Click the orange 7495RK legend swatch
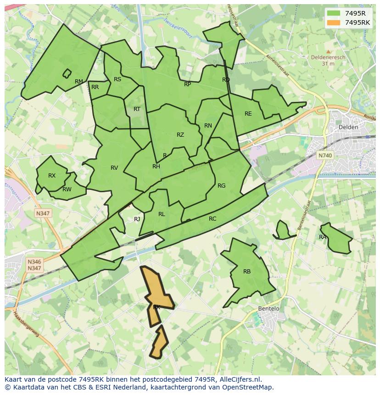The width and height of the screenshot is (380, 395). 334,22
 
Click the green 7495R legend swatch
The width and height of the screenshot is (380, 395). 334,13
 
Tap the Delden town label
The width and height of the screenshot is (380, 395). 348,127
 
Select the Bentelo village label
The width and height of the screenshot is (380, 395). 268,308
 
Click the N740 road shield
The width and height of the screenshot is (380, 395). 325,156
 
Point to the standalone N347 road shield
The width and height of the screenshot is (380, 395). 43,213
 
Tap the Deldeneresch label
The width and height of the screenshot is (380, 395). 328,58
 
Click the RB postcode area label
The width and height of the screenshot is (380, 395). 247,272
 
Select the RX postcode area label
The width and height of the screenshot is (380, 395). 52,176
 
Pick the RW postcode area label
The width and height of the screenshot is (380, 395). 67,189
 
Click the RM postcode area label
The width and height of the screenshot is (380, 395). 79,82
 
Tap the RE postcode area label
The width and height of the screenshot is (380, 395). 248,114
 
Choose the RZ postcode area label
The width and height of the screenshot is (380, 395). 180,135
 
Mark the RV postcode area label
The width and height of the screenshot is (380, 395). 114,168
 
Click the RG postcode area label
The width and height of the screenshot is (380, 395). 222,186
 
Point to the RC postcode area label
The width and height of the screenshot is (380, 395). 212,219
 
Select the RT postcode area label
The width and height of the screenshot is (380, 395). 137,109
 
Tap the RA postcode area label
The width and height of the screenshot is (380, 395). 323,237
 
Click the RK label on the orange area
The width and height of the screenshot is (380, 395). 156,307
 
